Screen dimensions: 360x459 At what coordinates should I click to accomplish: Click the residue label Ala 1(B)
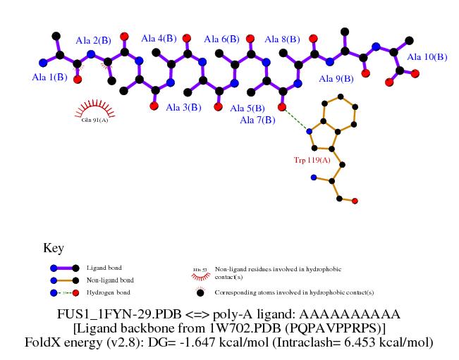tap(50, 76)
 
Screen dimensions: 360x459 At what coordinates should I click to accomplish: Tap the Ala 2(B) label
tap(94, 40)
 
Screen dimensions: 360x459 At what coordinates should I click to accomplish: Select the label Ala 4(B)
tap(158, 39)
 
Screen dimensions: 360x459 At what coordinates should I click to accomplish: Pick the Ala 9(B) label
tap(336, 79)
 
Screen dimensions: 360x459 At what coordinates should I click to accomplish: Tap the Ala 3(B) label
tap(183, 108)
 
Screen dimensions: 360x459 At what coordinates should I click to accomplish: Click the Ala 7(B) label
tap(257, 120)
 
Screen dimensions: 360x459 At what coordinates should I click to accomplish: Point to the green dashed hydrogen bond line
tap(296, 119)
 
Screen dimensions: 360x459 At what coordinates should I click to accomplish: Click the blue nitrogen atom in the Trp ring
tap(309, 131)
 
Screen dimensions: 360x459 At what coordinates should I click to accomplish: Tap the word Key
tap(54, 248)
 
